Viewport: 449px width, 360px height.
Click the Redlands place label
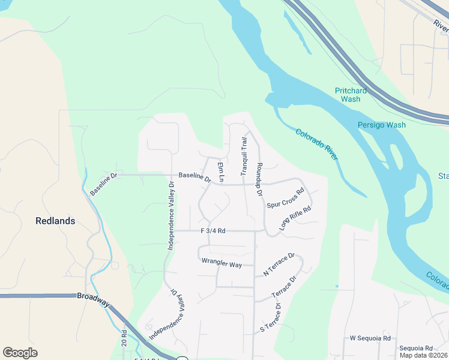coord(55,221)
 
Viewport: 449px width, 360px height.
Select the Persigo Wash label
coord(382,125)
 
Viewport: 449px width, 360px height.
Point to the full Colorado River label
coord(318,144)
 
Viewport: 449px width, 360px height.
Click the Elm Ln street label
coord(220,172)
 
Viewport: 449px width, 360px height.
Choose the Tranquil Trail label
coord(244,156)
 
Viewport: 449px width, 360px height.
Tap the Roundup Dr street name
coord(260,179)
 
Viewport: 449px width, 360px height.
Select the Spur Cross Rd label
coord(286,198)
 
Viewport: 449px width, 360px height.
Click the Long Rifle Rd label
coord(295,218)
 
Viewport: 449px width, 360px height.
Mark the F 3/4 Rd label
coord(212,230)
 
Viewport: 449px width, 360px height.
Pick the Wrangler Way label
coord(221,262)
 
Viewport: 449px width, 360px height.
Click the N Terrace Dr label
coord(279,265)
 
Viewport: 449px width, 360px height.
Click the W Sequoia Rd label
coord(370,338)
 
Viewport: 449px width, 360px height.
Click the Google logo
coord(20,352)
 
